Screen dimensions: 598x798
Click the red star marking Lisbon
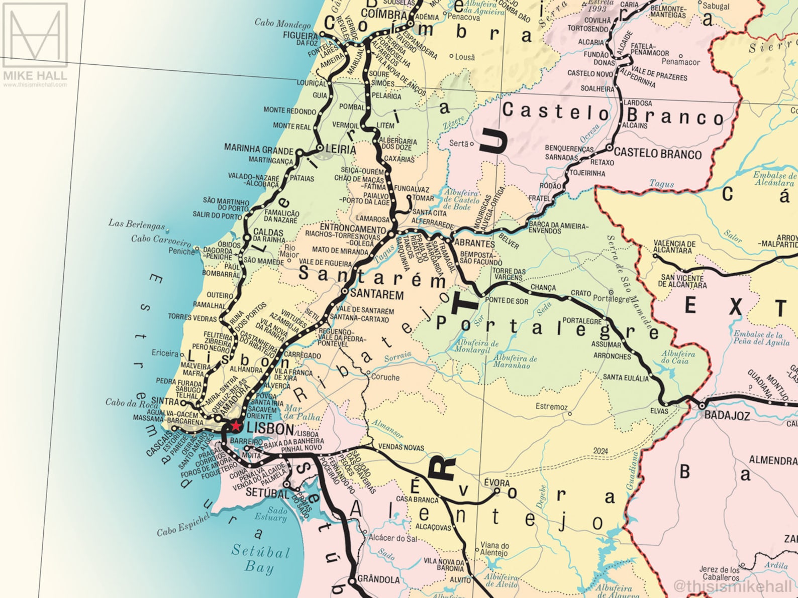coord(235,426)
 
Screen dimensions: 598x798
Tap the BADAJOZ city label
coord(727,415)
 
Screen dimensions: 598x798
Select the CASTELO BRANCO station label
coord(657,154)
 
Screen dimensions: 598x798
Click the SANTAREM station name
coord(377,294)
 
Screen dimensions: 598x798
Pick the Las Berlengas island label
coord(136,224)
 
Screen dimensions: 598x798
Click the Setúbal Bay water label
coord(261,559)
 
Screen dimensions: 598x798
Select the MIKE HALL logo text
coord(35,76)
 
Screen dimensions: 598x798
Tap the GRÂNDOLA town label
coord(378,579)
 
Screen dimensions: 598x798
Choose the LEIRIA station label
coord(341,150)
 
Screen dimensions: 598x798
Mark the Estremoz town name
coord(551,407)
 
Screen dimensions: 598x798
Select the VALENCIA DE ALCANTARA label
coord(674,247)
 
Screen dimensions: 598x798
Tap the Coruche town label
coord(385,377)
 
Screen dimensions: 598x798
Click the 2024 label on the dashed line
coord(600,451)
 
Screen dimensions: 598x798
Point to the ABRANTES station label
coord(474,243)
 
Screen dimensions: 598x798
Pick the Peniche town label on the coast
coord(181,251)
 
